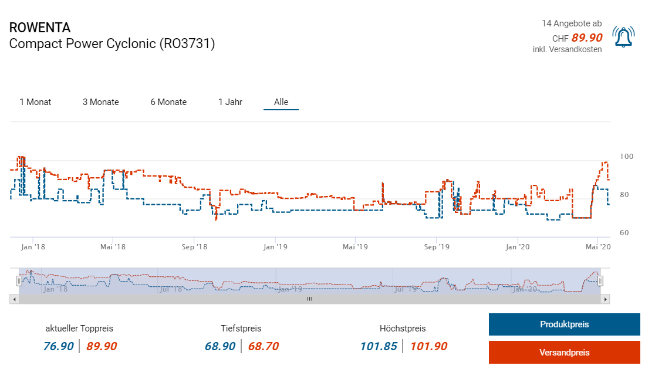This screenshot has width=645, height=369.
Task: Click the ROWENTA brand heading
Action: click(x=40, y=28)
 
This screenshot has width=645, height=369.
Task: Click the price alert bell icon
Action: click(x=623, y=37)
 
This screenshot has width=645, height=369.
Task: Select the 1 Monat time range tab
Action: click(x=35, y=102)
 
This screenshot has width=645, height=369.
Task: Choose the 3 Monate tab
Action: click(x=100, y=102)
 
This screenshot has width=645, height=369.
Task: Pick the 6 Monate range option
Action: click(x=168, y=102)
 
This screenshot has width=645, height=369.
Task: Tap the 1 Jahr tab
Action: click(x=230, y=102)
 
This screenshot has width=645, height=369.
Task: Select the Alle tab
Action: click(x=281, y=102)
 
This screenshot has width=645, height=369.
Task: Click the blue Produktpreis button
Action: click(x=564, y=324)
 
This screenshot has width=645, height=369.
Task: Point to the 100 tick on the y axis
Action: click(x=627, y=157)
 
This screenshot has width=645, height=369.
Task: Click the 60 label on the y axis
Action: click(x=625, y=233)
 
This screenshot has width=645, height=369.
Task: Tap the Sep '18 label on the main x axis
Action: click(x=194, y=247)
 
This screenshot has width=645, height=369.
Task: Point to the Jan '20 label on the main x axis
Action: click(x=516, y=247)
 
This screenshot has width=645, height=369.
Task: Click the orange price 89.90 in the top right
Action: click(x=587, y=38)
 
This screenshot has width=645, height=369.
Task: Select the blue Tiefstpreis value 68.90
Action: click(x=220, y=346)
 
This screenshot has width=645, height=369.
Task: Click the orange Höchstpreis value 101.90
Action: click(x=428, y=346)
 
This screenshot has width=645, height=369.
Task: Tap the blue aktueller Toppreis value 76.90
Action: click(x=59, y=346)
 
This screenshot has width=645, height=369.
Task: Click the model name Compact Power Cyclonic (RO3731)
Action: click(x=112, y=43)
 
